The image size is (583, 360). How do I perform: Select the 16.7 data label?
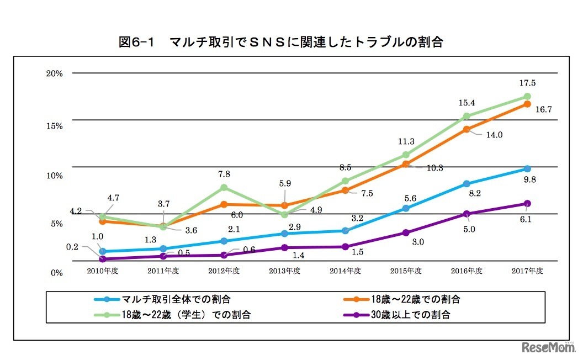coord(543,109)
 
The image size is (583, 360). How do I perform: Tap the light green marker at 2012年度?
coord(224,188)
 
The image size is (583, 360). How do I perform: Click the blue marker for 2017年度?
coord(527,168)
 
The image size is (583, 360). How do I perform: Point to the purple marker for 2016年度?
coord(467,214)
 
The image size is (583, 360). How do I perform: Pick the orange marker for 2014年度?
coord(345,190)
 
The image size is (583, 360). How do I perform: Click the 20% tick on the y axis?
coord(55,73)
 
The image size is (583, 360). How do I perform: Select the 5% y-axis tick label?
coord(57,224)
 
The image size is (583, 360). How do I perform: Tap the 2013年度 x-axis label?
coord(284,271)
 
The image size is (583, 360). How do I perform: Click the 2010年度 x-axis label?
coord(103,271)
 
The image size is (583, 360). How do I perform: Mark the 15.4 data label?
coord(467,103)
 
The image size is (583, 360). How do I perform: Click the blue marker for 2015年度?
coord(406,208)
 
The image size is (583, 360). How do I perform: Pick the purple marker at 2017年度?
coord(527,204)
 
